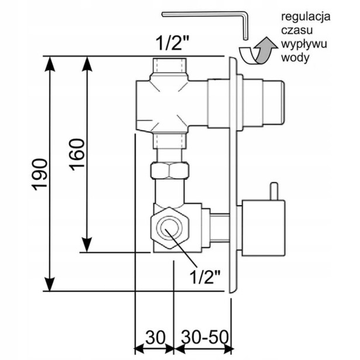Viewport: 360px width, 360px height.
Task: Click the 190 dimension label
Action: [40, 175]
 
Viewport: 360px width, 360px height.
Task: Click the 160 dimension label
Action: [77, 154]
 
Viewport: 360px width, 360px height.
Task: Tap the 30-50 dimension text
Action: [205, 337]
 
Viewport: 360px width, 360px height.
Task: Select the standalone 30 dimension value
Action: [155, 337]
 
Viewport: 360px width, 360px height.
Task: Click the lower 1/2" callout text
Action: [205, 276]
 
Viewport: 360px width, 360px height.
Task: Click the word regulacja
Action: [306, 17]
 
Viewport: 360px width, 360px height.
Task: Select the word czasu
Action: [297, 30]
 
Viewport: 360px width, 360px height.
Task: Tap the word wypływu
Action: [304, 44]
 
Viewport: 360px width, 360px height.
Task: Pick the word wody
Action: [295, 57]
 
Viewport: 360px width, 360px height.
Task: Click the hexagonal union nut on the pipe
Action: [170, 171]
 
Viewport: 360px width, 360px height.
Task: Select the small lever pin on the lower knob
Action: [274, 191]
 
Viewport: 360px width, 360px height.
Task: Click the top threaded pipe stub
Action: [169, 65]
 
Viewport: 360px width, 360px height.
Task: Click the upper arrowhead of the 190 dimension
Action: [49, 64]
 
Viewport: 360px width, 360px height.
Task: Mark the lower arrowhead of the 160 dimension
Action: [86, 244]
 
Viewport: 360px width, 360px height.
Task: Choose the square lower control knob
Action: [264, 228]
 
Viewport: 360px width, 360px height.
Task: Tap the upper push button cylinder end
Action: [274, 103]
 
